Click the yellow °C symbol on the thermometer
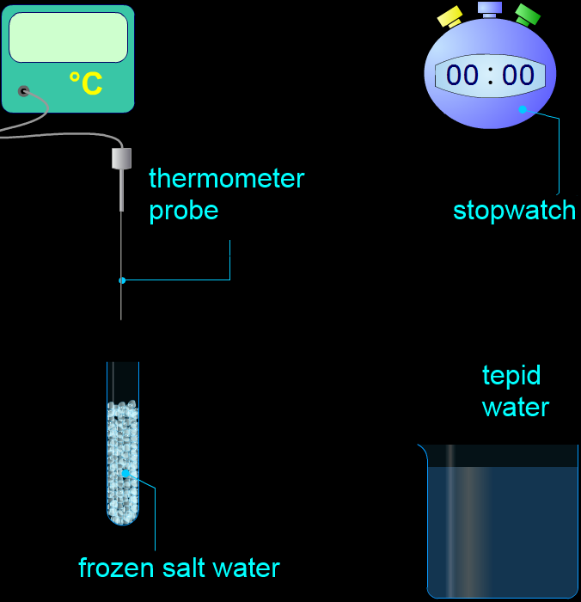(86, 83)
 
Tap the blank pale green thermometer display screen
(68, 37)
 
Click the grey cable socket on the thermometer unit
(24, 91)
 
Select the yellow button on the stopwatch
(450, 16)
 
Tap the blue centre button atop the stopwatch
(490, 9)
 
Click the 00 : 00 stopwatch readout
(490, 75)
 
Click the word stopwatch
(515, 211)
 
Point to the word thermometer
(226, 178)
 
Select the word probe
(183, 212)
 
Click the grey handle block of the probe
(122, 158)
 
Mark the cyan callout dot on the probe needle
(122, 280)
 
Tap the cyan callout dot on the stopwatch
(523, 109)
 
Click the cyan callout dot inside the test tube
(125, 473)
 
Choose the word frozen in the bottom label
(116, 568)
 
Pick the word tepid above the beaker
(511, 377)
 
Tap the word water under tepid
(516, 408)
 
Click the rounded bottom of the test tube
(123, 519)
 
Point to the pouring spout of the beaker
(423, 448)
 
